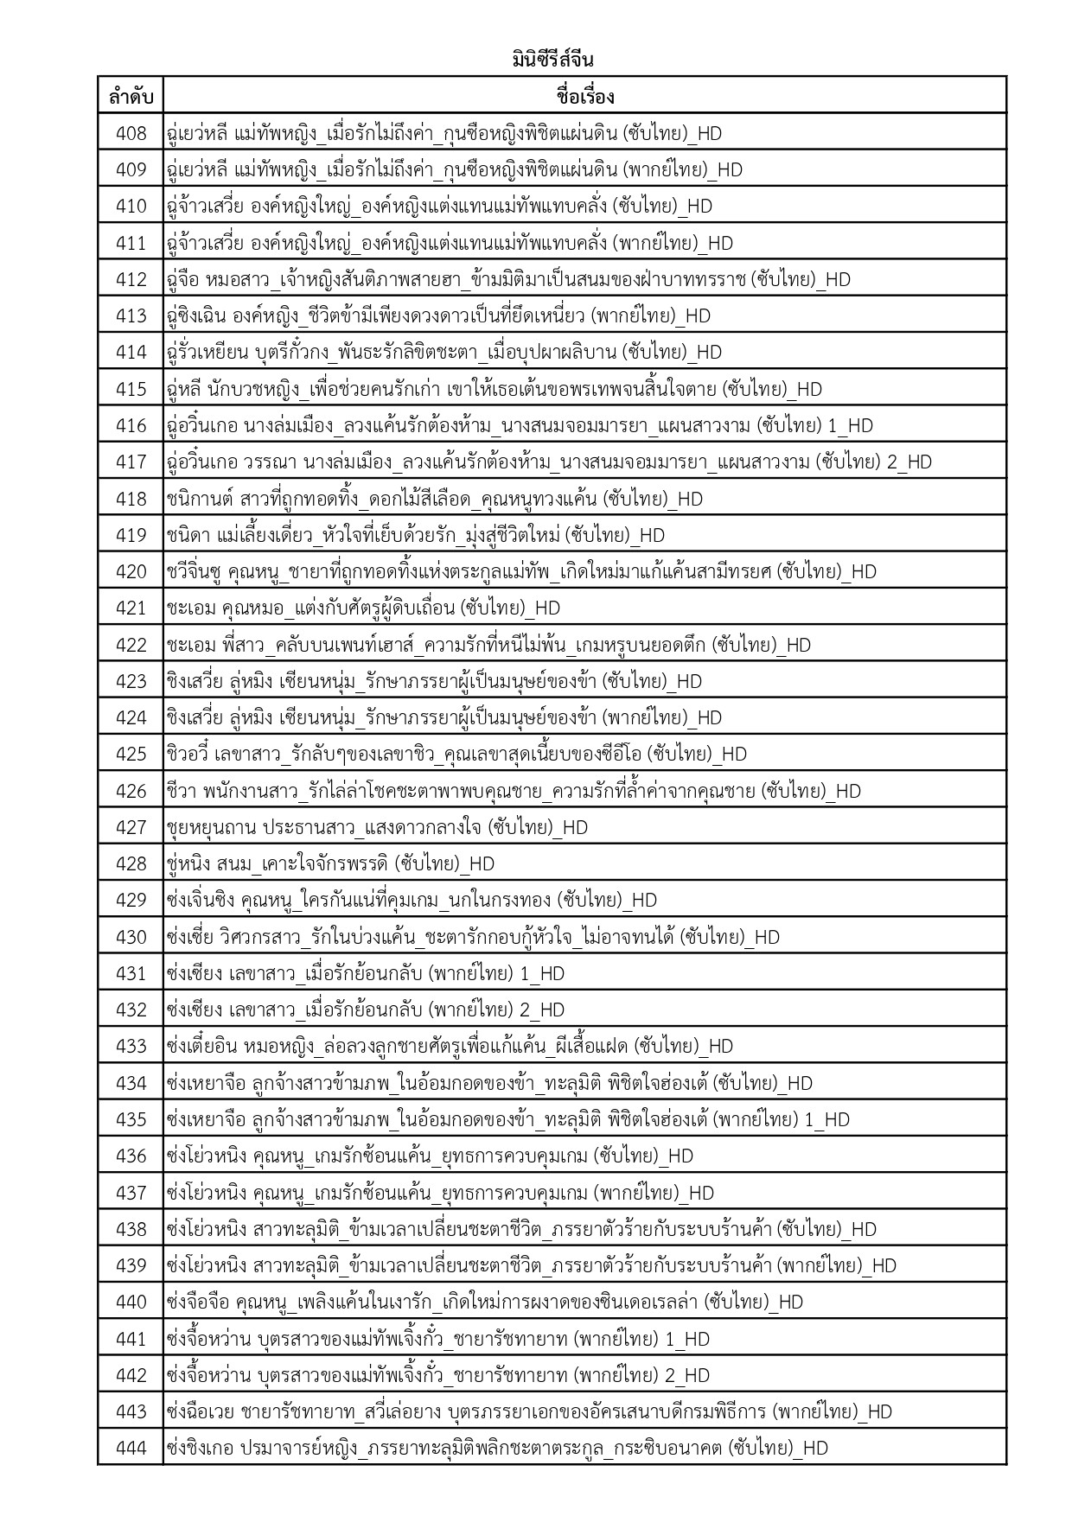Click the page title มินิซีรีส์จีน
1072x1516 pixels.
tap(552, 61)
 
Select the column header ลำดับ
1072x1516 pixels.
tap(131, 97)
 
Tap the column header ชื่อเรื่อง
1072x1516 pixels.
tap(585, 97)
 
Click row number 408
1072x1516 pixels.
tap(131, 133)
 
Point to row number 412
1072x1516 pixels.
tap(131, 279)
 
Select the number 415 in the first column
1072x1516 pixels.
tap(131, 389)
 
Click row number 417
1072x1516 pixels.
tap(131, 462)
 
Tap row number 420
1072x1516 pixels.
tap(131, 571)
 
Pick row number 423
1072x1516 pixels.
tap(131, 681)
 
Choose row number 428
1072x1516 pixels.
tap(131, 863)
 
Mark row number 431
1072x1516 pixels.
tap(131, 973)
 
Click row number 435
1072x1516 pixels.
tap(131, 1119)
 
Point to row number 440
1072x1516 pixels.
tap(131, 1302)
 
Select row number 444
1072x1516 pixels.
tap(131, 1448)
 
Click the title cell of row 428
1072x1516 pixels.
tap(330, 863)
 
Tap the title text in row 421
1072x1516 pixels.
tap(363, 608)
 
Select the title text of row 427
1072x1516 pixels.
tap(377, 827)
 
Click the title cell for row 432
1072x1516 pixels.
tap(365, 1010)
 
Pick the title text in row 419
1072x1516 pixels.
tap(415, 535)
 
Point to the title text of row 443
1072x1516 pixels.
tap(528, 1411)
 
